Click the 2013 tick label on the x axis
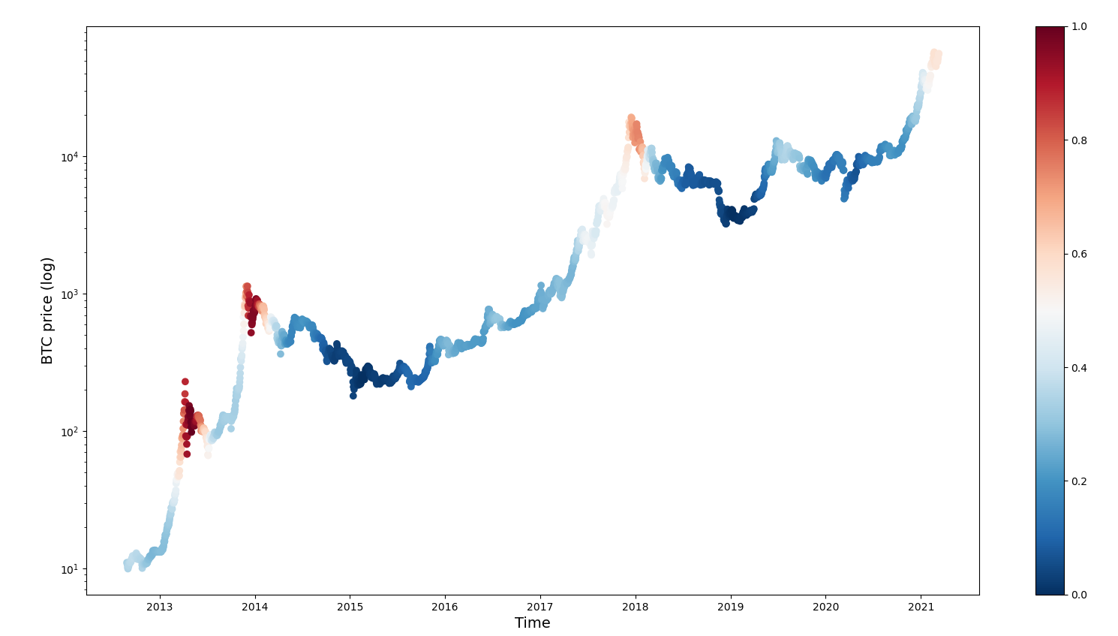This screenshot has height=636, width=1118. coord(160,607)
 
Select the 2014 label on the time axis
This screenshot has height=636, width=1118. coord(255,607)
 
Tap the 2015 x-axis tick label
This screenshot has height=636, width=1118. coord(350,607)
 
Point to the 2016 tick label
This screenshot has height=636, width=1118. coord(445,607)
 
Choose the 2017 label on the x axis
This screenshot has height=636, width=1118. coord(540,607)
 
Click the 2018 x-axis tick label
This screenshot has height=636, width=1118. coord(636,607)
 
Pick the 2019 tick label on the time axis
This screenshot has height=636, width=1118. coord(731,607)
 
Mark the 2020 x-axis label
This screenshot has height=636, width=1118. coord(825,607)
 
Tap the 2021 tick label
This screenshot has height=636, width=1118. coord(921,607)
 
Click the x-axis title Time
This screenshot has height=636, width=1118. coord(533,623)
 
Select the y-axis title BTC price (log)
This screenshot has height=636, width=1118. coord(47,311)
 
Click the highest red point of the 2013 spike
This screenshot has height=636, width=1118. coord(185,381)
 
